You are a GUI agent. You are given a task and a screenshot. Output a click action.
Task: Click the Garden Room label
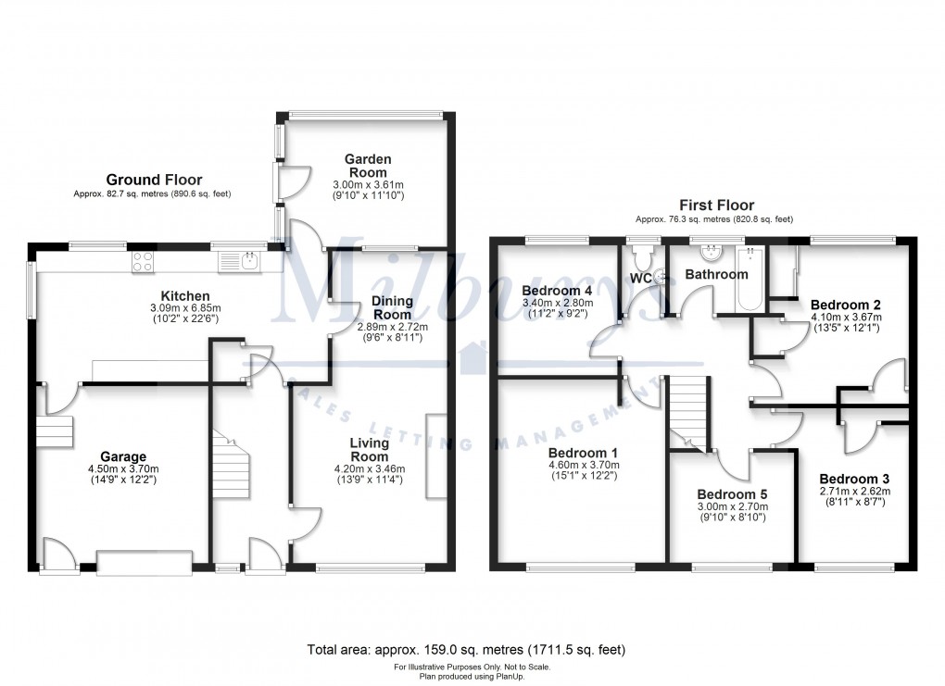pos(368,165)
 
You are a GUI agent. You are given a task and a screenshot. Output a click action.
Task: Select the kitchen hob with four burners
pos(144,261)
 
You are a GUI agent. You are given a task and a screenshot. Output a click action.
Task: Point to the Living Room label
pos(369,450)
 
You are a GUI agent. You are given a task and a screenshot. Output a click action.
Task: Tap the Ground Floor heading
pos(154,180)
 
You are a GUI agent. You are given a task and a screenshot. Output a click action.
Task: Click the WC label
pos(641,278)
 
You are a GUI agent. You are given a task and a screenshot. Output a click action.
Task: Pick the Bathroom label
pos(716,275)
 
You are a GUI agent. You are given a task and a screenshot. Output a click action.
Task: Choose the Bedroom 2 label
pos(845,304)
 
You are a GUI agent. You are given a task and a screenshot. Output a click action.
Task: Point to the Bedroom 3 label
pos(853,478)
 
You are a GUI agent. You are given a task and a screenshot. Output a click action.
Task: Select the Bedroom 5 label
pos(732,493)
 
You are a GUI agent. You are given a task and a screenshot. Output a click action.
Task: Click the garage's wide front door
pos(145,562)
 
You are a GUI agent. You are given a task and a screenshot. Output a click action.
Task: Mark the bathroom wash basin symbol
pos(715,253)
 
